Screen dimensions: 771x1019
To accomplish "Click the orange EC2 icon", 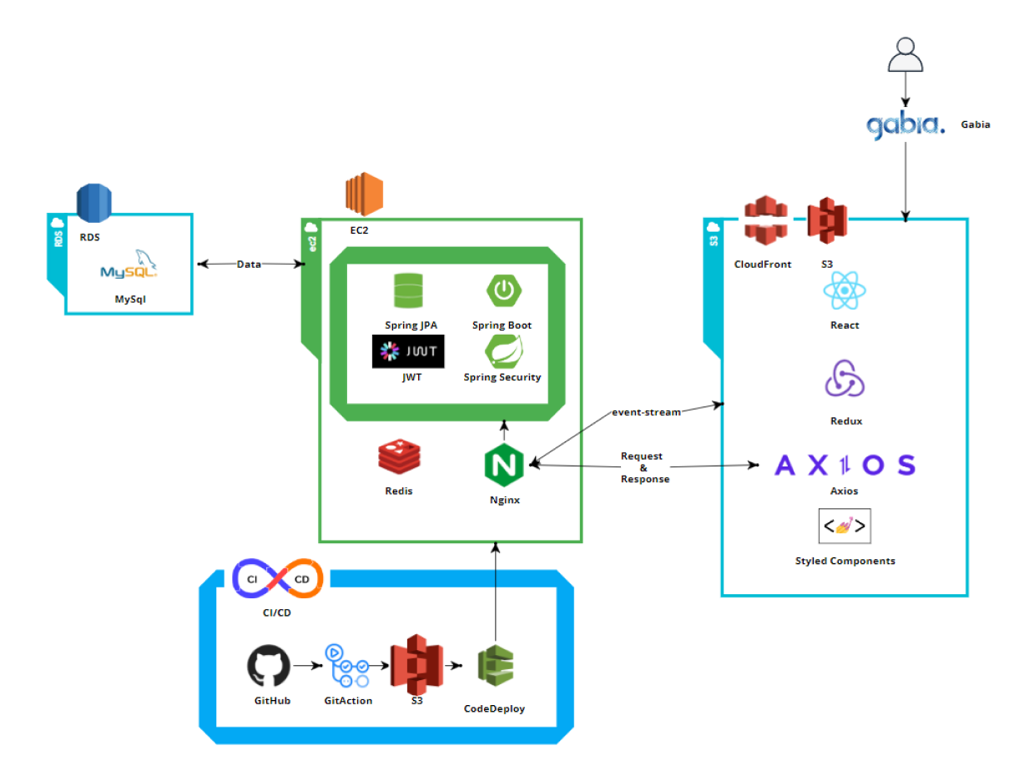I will [364, 194].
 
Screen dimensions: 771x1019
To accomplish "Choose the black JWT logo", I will [408, 351].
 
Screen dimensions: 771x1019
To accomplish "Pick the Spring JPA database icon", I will [411, 292].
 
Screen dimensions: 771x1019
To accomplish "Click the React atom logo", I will [845, 293].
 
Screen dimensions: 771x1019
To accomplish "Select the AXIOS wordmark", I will [845, 465].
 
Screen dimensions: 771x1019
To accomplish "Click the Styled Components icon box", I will [845, 527].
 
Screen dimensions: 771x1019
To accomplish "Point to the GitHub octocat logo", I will [270, 667].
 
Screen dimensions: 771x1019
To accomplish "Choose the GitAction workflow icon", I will [347, 664].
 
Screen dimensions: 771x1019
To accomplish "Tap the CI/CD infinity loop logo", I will [277, 580].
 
